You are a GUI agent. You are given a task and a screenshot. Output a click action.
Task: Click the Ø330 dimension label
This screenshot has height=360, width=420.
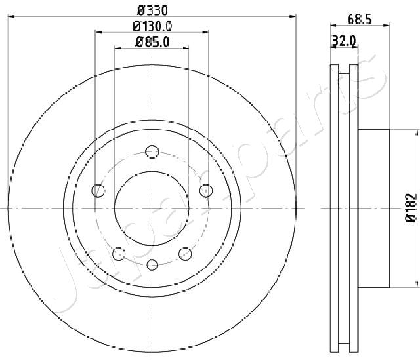click(152, 10)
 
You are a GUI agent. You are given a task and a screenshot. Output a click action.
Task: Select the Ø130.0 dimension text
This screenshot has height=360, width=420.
click(152, 26)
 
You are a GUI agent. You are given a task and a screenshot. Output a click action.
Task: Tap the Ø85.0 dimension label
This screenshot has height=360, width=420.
click(152, 42)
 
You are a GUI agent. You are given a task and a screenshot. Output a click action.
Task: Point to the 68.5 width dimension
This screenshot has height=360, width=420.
click(360, 19)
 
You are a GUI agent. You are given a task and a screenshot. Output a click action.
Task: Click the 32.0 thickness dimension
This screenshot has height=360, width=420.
click(344, 41)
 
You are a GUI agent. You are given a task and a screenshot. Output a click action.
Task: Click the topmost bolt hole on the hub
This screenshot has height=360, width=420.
click(152, 151)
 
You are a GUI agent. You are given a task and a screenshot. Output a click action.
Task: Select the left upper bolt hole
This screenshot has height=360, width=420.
click(98, 191)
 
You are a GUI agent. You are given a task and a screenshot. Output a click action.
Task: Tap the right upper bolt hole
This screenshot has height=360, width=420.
click(206, 191)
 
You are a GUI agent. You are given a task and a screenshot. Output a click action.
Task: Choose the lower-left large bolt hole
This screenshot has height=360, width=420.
click(119, 254)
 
